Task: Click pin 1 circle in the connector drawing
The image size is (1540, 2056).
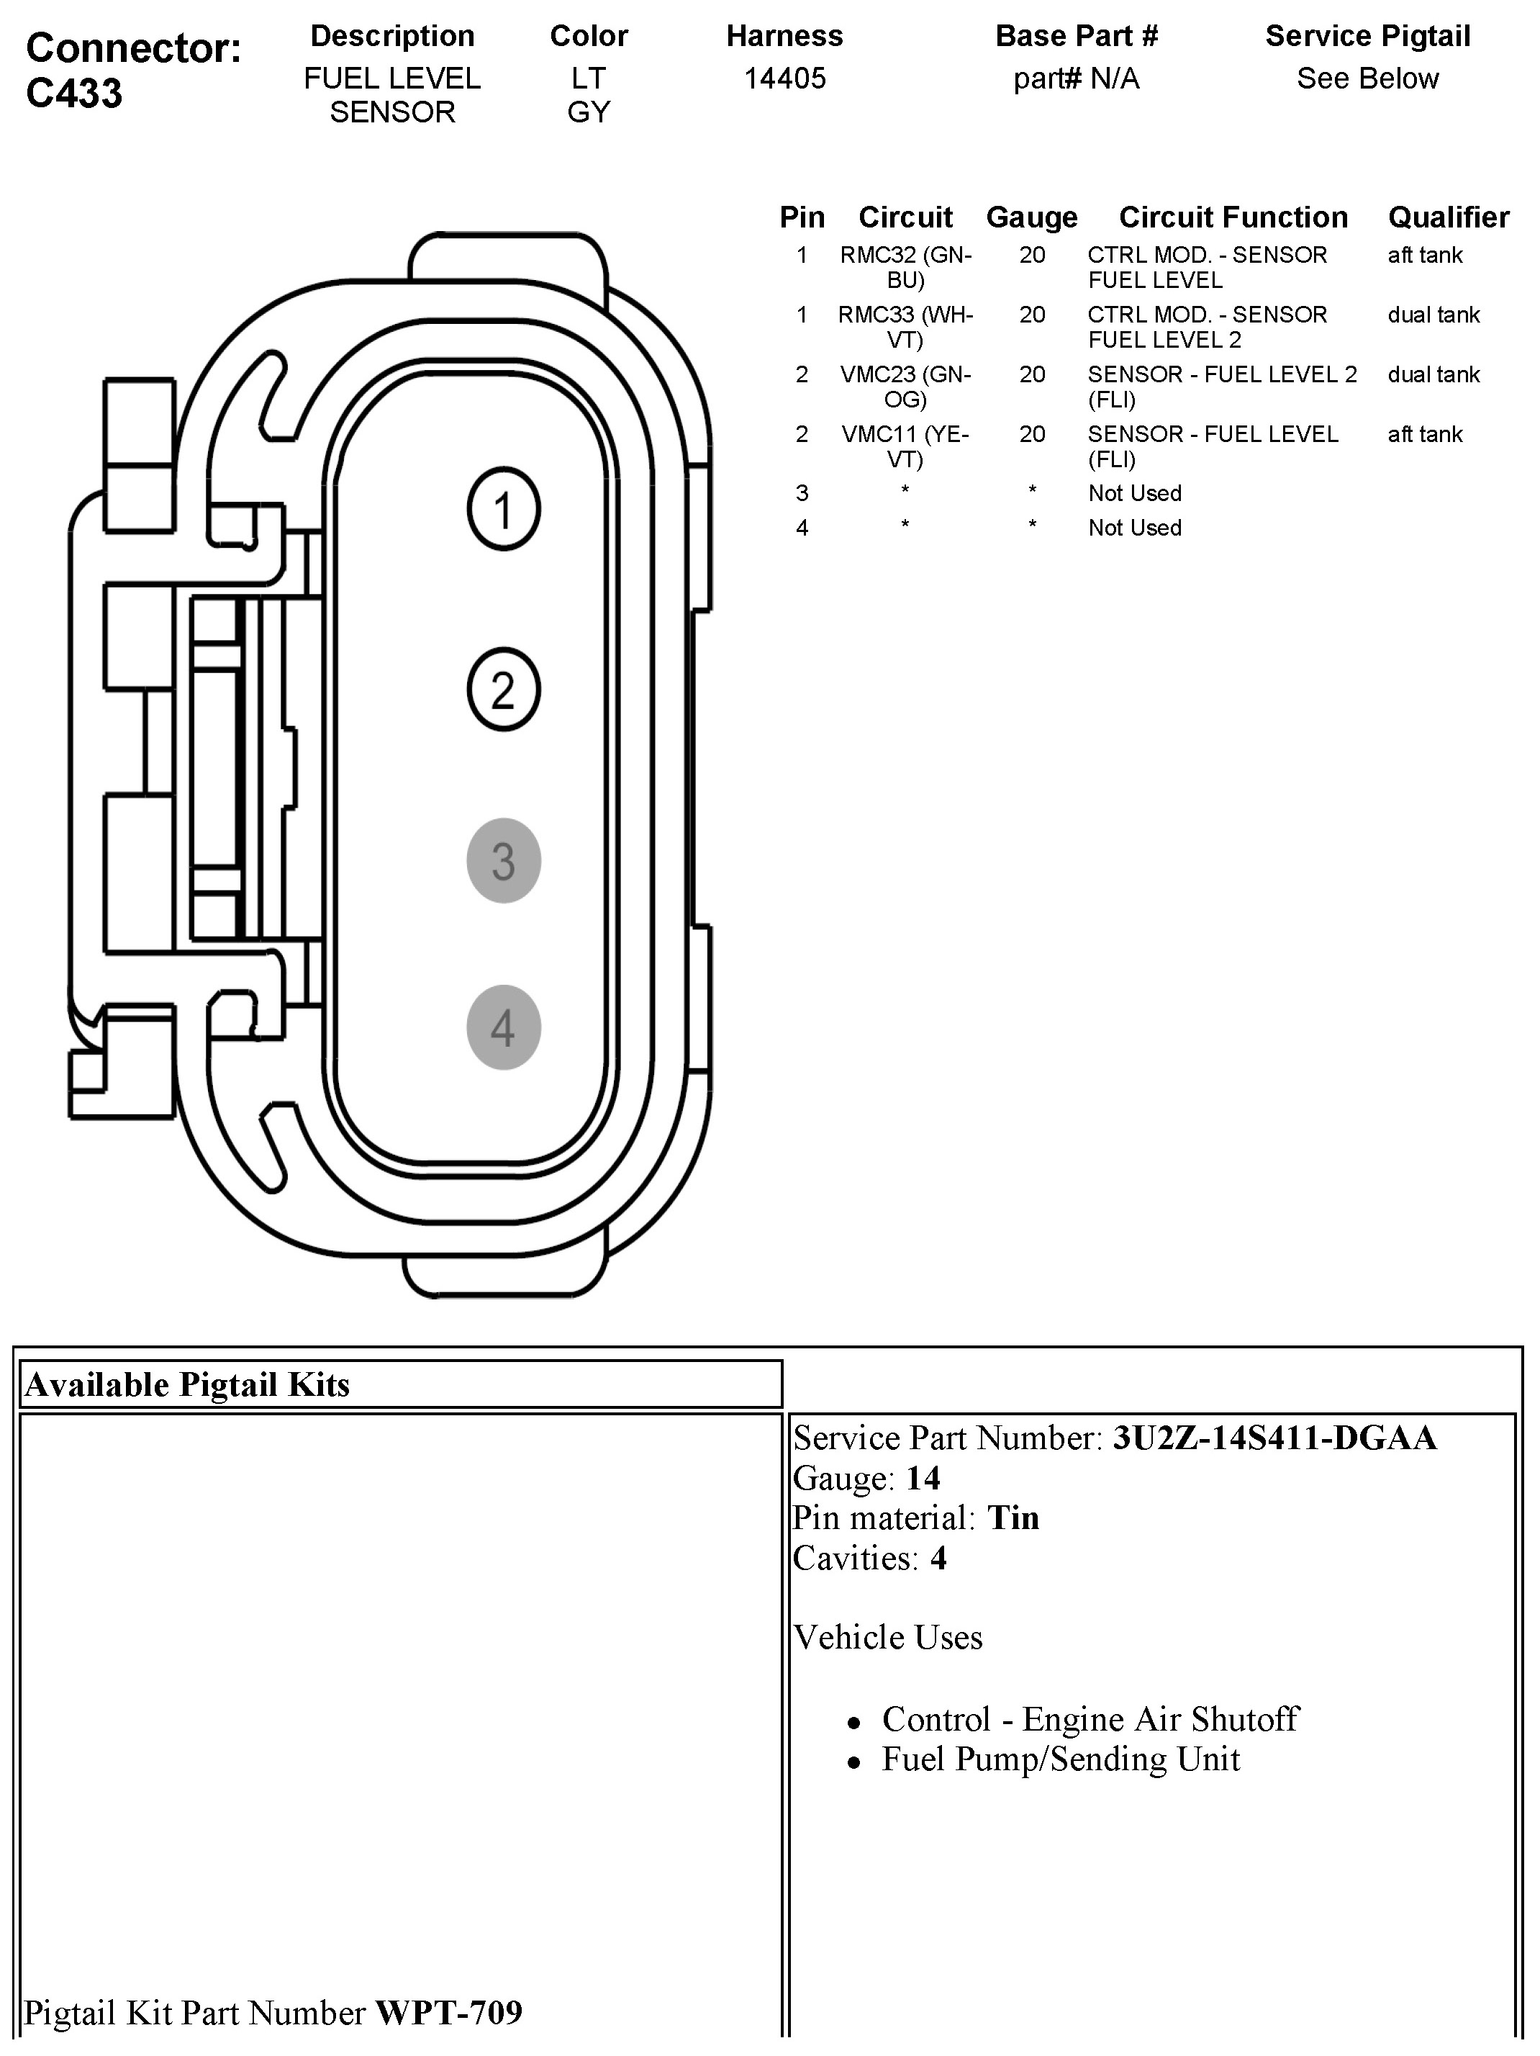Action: click(503, 510)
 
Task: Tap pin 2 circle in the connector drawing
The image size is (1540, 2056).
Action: click(503, 690)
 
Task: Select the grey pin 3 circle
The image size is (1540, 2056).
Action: click(503, 861)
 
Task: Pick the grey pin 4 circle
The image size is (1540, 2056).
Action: click(503, 1027)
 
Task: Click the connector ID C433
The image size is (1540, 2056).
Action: click(74, 93)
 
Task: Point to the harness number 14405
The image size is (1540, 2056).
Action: click(784, 78)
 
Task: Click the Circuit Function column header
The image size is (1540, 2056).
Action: click(1233, 217)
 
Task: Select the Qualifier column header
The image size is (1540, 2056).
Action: click(1448, 217)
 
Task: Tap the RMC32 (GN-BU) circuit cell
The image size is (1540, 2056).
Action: click(905, 268)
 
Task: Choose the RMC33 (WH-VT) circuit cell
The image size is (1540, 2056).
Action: click(905, 327)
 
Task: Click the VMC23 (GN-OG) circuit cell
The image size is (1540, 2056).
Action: click(905, 387)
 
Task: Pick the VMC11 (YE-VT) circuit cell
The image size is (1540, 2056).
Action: click(905, 446)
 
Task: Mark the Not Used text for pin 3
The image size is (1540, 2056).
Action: click(1135, 494)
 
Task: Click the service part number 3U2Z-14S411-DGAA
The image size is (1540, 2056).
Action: click(1274, 1438)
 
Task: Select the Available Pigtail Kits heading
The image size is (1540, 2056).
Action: click(188, 1385)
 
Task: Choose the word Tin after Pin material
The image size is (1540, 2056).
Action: click(1012, 1518)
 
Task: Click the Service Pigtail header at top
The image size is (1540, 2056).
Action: click(1367, 36)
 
